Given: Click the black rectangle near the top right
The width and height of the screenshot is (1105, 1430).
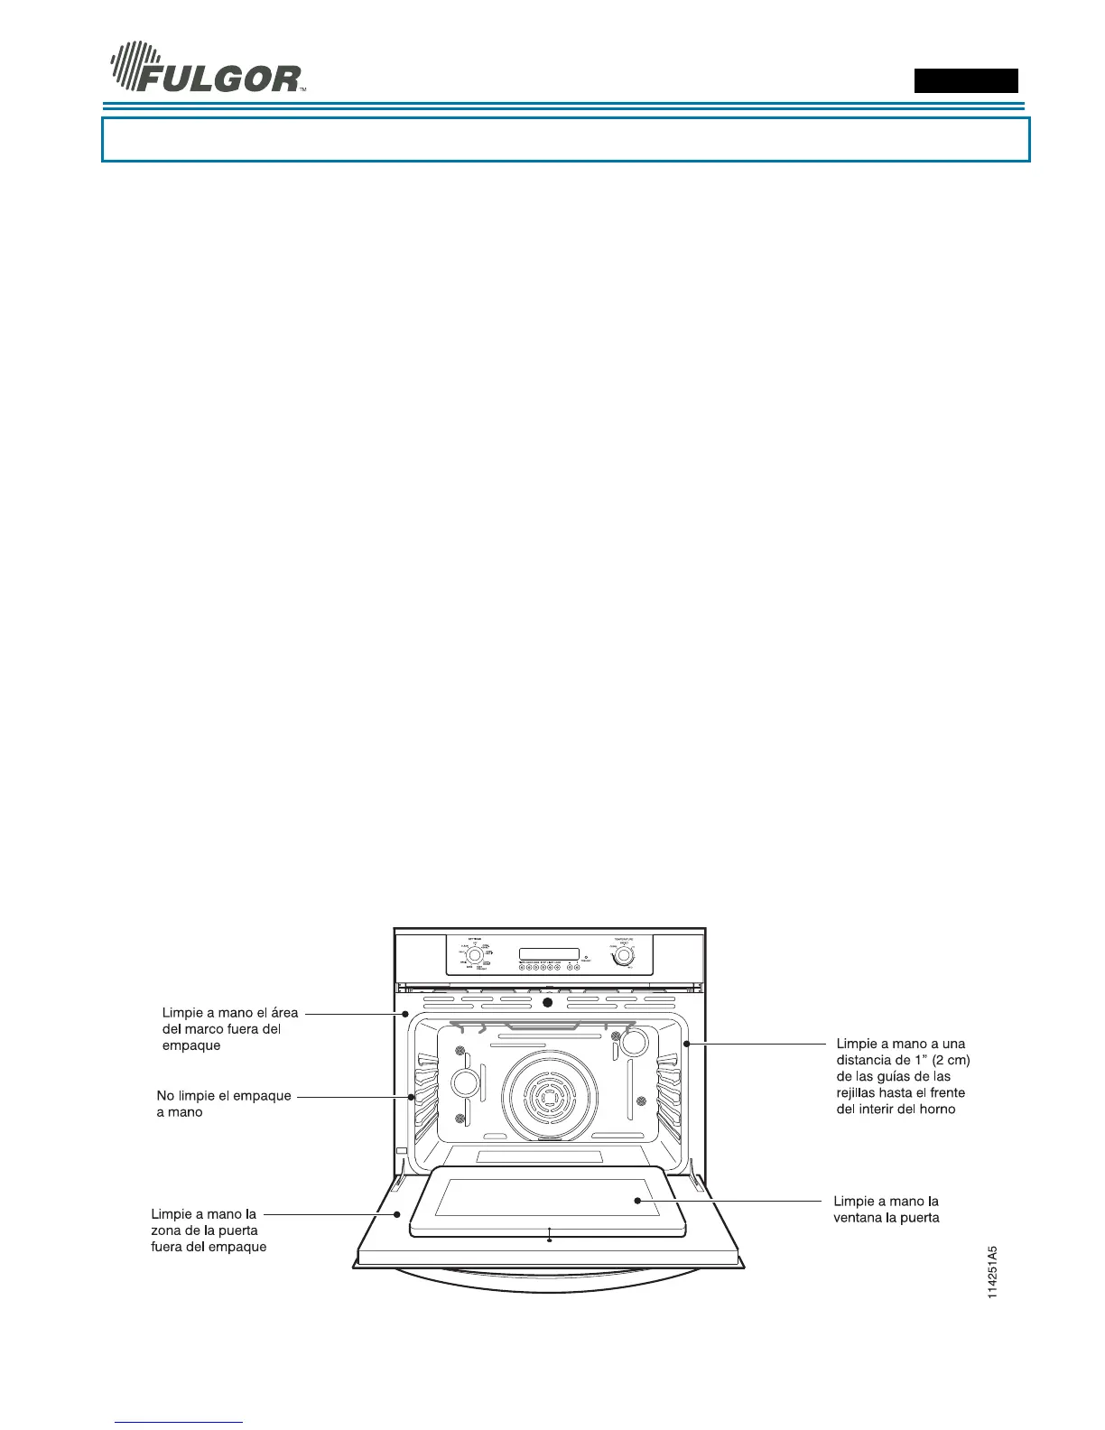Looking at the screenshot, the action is tap(966, 80).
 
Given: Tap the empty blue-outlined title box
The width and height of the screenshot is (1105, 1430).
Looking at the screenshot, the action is tap(565, 139).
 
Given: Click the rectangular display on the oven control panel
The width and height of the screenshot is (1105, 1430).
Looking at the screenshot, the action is tap(549, 954).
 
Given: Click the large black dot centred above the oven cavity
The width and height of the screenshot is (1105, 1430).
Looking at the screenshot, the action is tap(547, 1003).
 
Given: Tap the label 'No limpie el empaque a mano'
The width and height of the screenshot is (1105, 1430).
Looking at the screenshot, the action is tap(223, 1103).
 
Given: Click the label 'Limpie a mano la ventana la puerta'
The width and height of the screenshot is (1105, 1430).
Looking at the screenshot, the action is tap(886, 1209).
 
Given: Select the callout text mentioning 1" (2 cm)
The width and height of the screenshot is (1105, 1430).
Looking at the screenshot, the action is tap(903, 1076).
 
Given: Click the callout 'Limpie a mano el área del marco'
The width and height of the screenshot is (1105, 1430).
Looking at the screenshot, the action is tap(229, 1029).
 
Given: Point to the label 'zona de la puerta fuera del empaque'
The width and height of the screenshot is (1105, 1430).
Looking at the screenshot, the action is tap(209, 1230).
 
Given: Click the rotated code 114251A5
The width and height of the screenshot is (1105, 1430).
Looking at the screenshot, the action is tap(992, 1273).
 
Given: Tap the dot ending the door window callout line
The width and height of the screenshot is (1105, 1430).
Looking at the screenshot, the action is tap(637, 1201).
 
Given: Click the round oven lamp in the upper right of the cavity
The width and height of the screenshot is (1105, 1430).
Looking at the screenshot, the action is tap(635, 1042).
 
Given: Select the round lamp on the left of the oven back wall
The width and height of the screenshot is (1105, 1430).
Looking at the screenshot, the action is tap(464, 1083).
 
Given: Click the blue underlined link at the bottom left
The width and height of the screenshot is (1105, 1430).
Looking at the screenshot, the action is tap(180, 1422).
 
